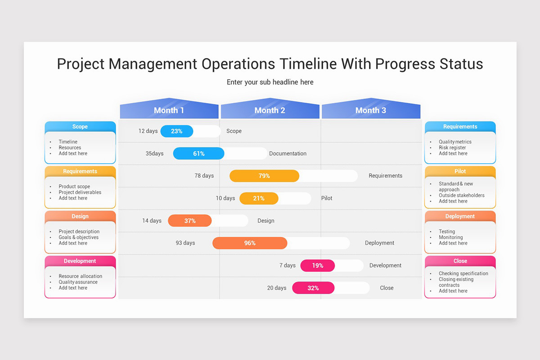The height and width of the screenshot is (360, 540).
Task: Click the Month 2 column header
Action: point(270,110)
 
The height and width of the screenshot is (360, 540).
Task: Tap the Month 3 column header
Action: point(370,110)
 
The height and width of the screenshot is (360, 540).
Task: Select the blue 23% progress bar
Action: point(177,131)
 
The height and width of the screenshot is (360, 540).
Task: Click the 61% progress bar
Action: point(198,153)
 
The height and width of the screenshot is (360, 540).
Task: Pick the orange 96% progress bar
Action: point(250,243)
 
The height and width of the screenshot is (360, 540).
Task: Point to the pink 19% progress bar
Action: point(318,265)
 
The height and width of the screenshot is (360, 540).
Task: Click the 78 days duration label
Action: point(204,175)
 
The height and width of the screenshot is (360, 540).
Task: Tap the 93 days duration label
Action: point(185,243)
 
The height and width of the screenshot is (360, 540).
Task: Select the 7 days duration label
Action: point(288,265)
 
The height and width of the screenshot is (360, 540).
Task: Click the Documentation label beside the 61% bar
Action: point(288,153)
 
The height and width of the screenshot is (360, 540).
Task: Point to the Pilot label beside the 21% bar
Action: point(327,198)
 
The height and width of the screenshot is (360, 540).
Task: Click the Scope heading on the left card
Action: point(80,126)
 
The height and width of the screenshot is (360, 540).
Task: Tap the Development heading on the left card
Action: point(80,261)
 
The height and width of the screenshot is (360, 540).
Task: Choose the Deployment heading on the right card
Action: point(460,216)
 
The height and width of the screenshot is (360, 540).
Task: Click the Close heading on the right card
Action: point(460,261)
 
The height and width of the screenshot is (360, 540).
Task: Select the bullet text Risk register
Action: point(452,148)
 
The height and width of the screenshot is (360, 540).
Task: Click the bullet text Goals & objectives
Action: point(78,237)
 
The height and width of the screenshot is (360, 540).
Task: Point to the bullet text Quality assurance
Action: point(78,282)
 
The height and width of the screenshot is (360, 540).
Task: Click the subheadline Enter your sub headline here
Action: point(270,82)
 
